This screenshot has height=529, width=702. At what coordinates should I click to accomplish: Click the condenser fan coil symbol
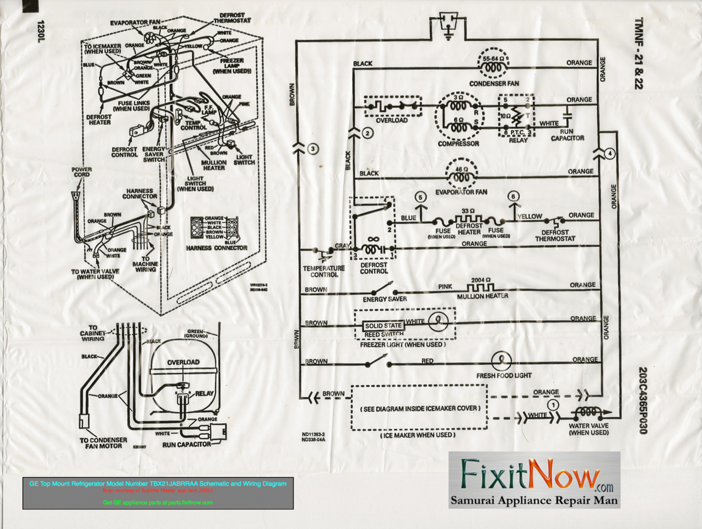(x=493, y=67)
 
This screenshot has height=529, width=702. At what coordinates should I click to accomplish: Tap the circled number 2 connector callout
(x=368, y=133)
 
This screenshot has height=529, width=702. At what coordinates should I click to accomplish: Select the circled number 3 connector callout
(x=313, y=148)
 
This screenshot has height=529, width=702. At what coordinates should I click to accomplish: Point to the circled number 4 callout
(x=609, y=154)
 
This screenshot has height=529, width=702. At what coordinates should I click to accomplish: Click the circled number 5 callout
(x=420, y=197)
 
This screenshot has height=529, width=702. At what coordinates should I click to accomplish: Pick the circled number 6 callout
(x=513, y=197)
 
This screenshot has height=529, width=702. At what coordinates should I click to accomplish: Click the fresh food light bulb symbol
(x=501, y=360)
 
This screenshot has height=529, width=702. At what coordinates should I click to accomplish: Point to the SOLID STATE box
(x=384, y=326)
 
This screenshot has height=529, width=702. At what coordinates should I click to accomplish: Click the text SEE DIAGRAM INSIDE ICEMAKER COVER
(x=420, y=408)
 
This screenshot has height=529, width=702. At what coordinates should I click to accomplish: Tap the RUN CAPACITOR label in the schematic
(x=567, y=135)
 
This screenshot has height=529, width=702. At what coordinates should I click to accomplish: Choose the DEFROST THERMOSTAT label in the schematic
(x=555, y=235)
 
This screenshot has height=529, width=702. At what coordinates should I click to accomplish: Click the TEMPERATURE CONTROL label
(x=323, y=271)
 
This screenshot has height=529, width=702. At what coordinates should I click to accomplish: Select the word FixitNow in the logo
(x=530, y=474)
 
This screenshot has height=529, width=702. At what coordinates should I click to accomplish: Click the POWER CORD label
(x=82, y=172)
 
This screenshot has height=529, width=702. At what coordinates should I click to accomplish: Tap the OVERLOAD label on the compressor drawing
(x=183, y=362)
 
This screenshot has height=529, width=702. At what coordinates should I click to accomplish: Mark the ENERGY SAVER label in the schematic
(x=385, y=299)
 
